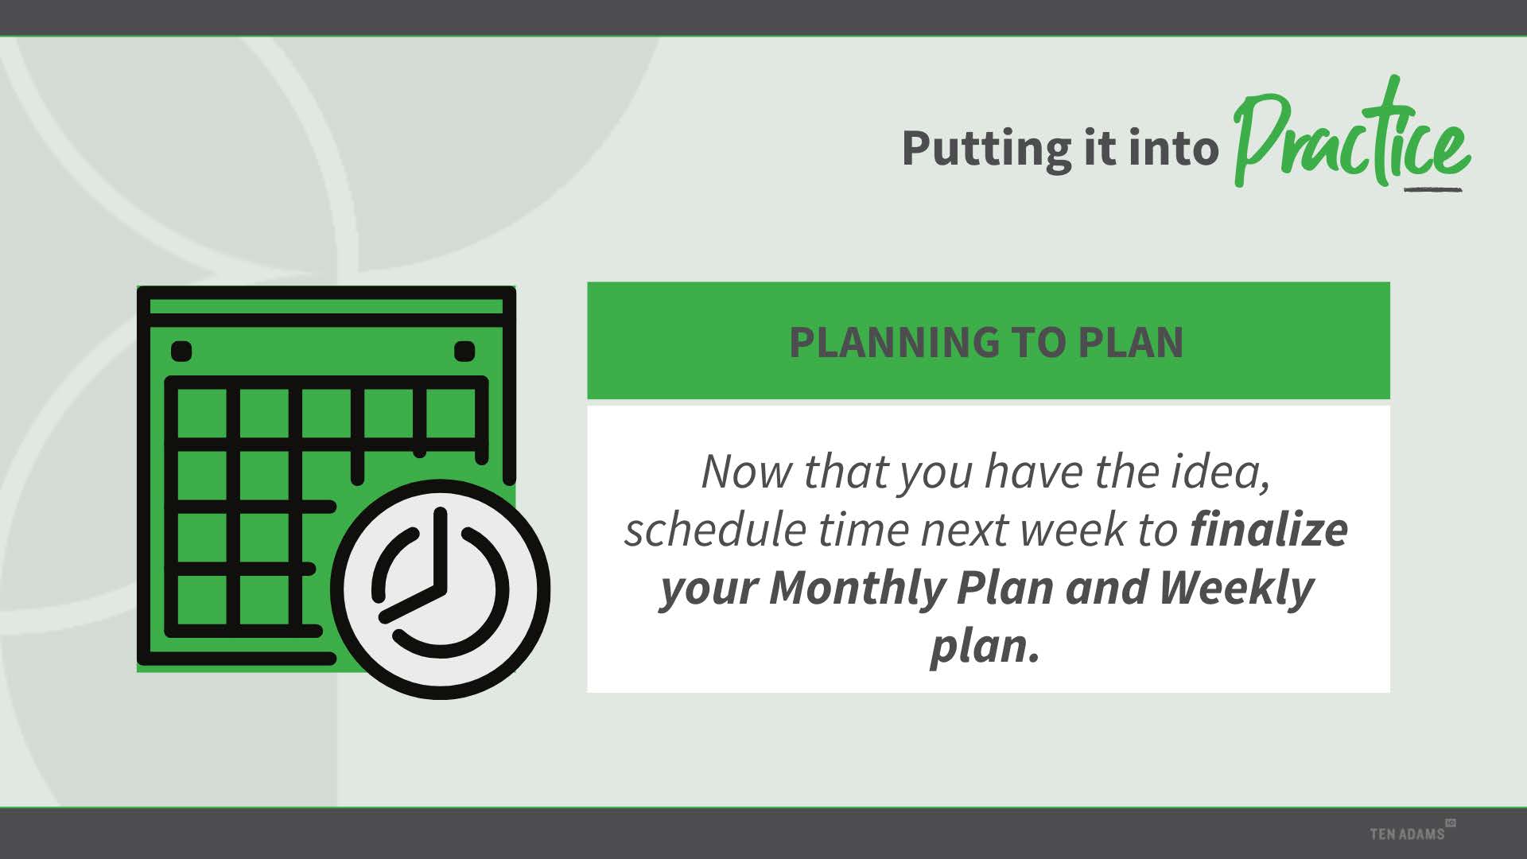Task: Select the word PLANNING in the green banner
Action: tap(894, 343)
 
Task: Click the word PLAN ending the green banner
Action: tap(1130, 343)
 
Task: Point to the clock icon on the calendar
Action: tap(441, 589)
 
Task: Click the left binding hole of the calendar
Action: tap(181, 351)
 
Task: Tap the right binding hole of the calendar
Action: tap(464, 351)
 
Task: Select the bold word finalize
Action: tap(1269, 530)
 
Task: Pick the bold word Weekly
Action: tap(1236, 588)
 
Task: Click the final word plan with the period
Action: tap(985, 647)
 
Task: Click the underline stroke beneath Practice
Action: tap(1433, 190)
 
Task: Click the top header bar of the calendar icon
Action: tap(326, 306)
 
